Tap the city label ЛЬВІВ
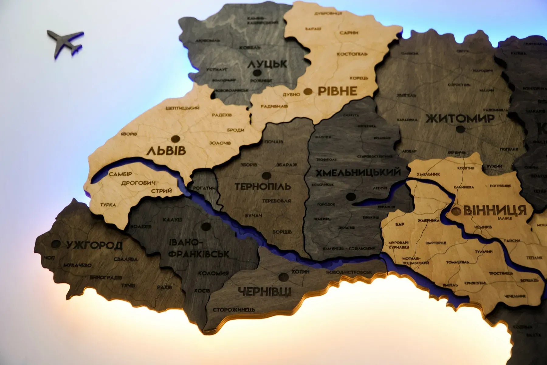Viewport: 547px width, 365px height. (x=166, y=151)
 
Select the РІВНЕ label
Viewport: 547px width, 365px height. (x=337, y=91)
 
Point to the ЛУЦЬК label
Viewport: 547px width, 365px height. (x=267, y=64)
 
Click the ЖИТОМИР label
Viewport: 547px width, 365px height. (x=460, y=118)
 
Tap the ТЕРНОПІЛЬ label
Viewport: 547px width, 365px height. (x=263, y=186)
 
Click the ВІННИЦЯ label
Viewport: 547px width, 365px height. (x=495, y=210)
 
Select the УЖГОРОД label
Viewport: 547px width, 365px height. (x=95, y=245)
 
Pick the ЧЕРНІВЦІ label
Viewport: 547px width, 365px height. (x=265, y=292)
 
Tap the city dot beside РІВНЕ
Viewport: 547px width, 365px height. (x=308, y=91)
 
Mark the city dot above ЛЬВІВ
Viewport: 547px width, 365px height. (x=175, y=139)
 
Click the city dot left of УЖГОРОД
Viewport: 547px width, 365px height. (x=56, y=244)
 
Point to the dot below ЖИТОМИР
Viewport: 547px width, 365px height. (x=460, y=129)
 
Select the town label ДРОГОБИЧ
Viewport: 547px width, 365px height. (x=138, y=183)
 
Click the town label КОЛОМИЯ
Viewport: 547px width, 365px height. (x=213, y=273)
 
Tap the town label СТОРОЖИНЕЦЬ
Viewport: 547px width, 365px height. (x=234, y=310)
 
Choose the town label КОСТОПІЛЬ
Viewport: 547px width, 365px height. (x=352, y=54)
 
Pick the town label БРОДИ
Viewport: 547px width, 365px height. (x=236, y=130)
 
